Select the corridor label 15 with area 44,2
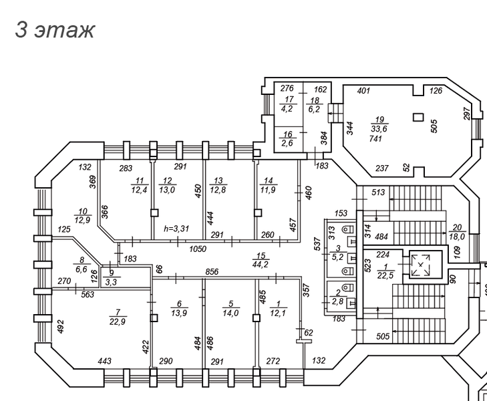pos(261,260)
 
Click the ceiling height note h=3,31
pos(177,229)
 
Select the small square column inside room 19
pos(418,118)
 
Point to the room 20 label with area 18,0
pos(458,231)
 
